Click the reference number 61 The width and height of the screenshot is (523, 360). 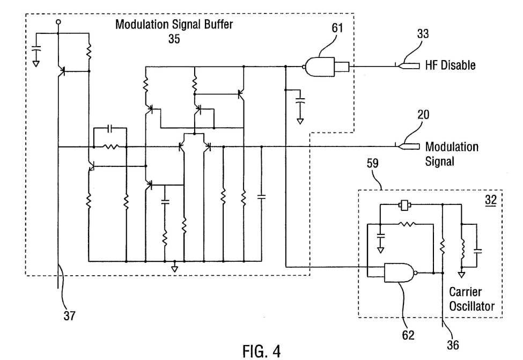coord(337,28)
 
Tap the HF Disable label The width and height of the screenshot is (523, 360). coord(450,65)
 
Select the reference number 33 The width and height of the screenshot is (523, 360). coord(423,34)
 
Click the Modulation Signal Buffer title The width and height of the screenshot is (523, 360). coord(174,24)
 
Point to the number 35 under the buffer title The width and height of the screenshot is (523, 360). coord(174,39)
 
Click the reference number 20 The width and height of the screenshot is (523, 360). coord(423,115)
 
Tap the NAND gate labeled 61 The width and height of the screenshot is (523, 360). coord(320,67)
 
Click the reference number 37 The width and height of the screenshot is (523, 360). coord(69,315)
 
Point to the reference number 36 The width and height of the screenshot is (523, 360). coord(453,345)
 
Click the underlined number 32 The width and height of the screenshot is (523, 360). coord(491,200)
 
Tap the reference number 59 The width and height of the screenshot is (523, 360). coord(373,164)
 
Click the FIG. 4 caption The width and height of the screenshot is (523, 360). coord(262,351)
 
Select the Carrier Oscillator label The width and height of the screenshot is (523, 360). coord(472,299)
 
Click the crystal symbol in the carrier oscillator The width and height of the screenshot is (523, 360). coord(404,205)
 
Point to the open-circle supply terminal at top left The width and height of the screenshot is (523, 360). coord(58,22)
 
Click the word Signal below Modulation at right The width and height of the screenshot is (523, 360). coord(439,161)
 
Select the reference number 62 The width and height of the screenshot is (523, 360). coord(408,335)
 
